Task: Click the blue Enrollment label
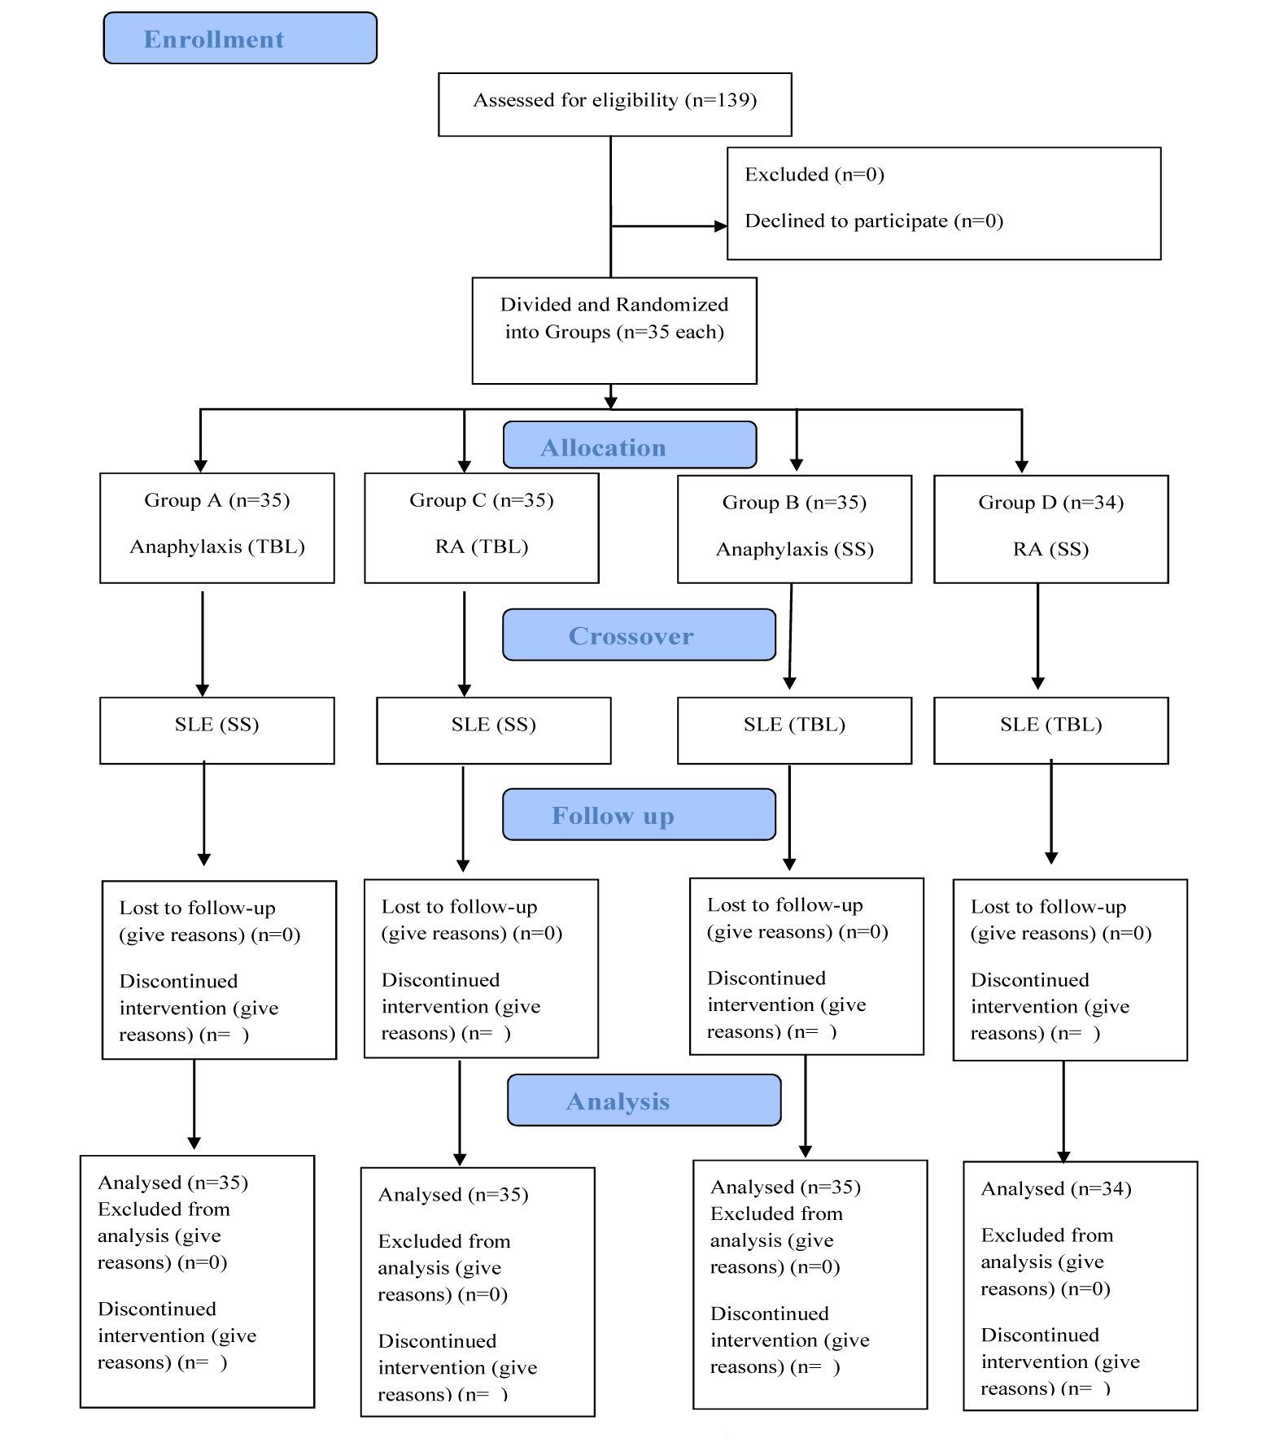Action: click(x=240, y=38)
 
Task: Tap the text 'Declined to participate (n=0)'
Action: click(x=874, y=221)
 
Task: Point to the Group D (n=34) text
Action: click(x=1051, y=503)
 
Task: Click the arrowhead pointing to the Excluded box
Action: click(x=721, y=226)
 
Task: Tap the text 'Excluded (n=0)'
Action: click(x=814, y=175)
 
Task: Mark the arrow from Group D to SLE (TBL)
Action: click(x=1037, y=637)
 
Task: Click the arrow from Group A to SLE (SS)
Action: click(x=203, y=643)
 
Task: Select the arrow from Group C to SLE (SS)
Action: click(x=465, y=643)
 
